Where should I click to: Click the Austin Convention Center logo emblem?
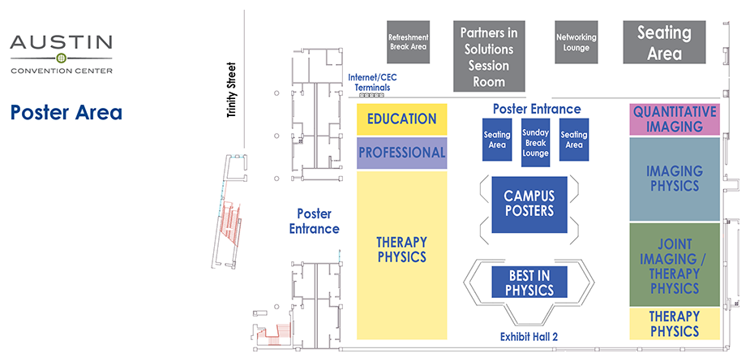61,58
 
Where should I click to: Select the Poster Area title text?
66,112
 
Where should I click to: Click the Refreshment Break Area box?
408,42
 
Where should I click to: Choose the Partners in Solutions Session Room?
489,57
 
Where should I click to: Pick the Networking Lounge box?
576,42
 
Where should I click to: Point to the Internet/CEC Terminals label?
369,82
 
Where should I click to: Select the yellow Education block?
401,119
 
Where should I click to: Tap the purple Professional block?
401,153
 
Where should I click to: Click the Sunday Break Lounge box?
535,143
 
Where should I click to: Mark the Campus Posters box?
529,203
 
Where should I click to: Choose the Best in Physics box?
530,282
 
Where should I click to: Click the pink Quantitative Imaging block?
675,119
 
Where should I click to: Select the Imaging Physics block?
675,179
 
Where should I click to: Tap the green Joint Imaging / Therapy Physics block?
675,265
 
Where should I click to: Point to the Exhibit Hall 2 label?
529,338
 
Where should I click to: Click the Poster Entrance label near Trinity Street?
314,221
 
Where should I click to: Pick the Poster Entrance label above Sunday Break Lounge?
536,109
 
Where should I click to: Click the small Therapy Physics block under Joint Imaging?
675,323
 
